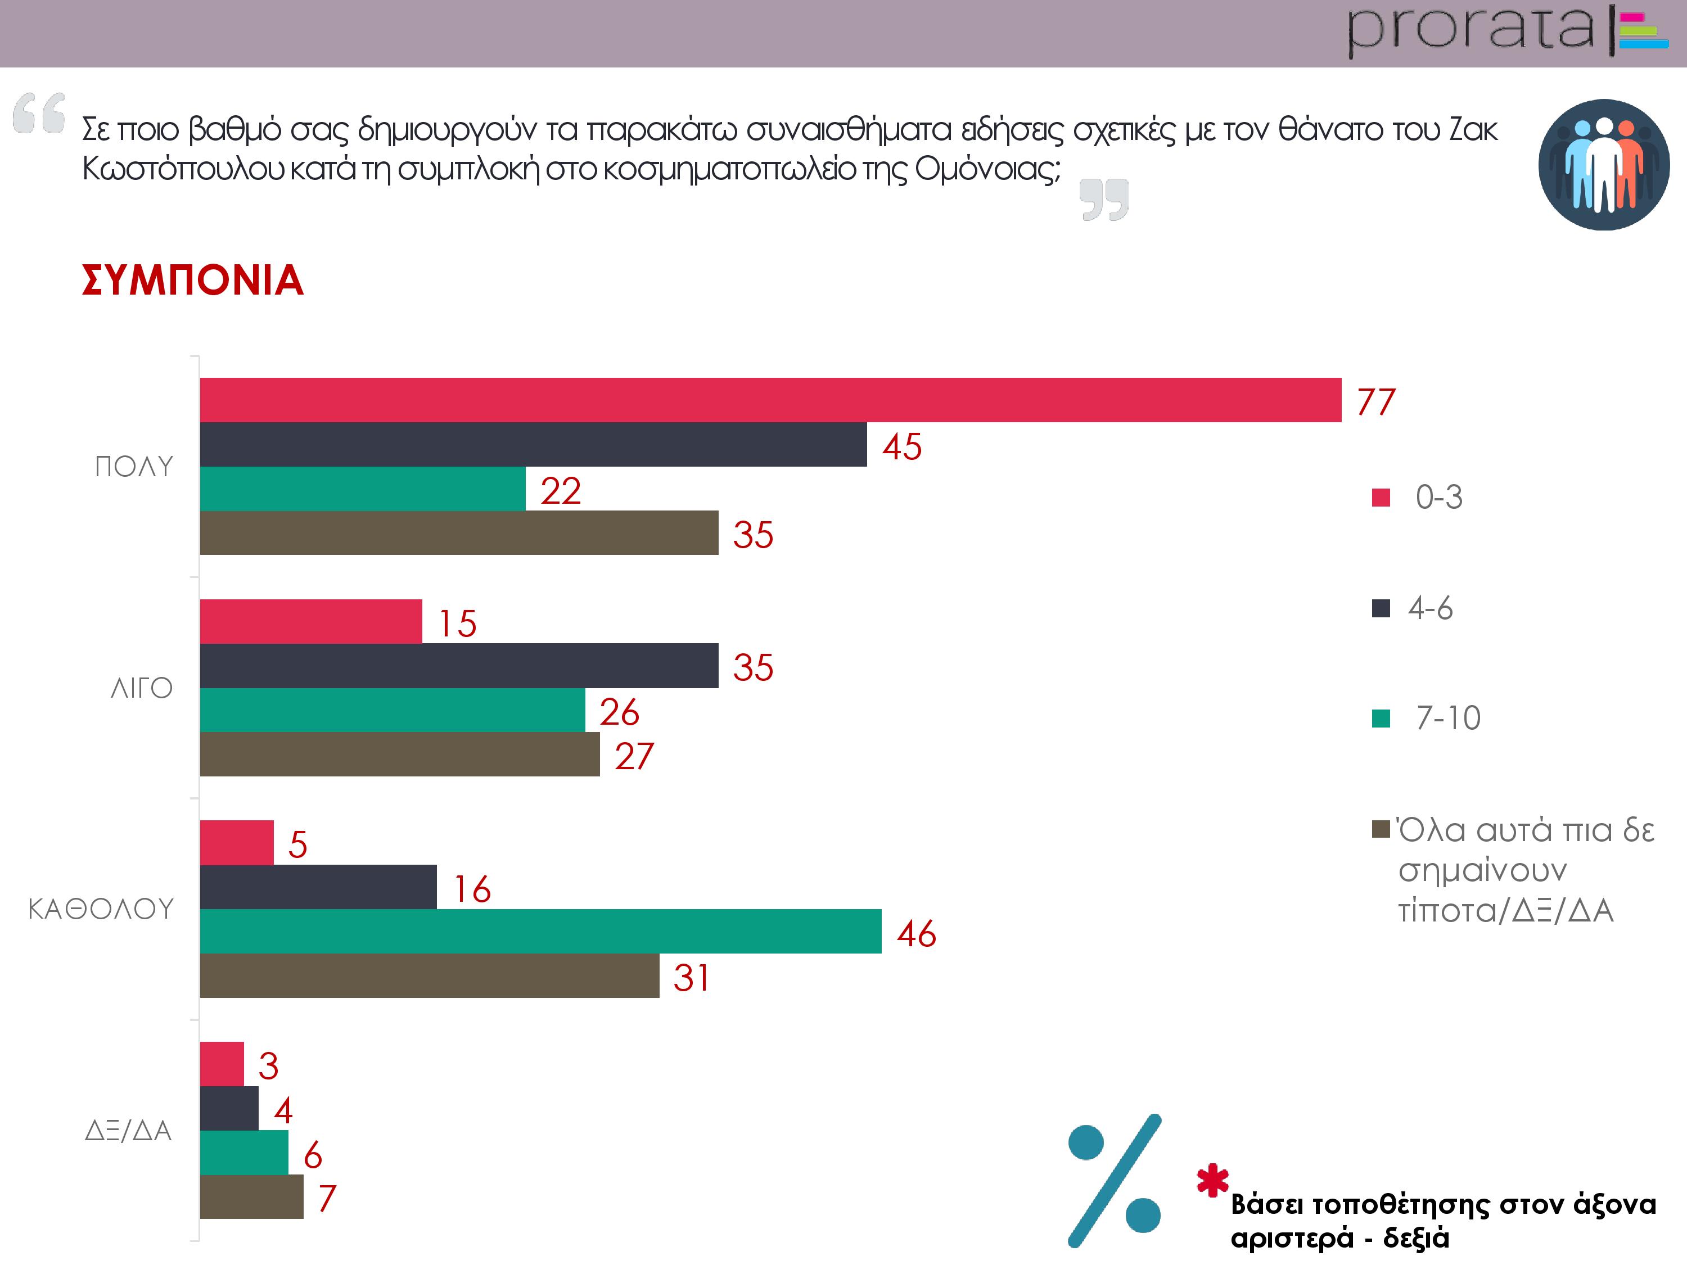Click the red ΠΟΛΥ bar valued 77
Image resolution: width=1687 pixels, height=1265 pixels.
(x=770, y=400)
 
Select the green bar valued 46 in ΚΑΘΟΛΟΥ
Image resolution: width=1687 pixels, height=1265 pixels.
(x=540, y=931)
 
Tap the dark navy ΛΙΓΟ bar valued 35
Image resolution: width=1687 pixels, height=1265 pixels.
(x=458, y=666)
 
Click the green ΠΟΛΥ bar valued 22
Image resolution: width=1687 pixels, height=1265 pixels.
(x=362, y=489)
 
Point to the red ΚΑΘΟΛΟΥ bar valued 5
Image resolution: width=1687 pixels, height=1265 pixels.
(x=236, y=843)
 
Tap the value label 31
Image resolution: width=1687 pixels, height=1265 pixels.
(x=691, y=978)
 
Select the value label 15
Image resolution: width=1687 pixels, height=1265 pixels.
(x=457, y=623)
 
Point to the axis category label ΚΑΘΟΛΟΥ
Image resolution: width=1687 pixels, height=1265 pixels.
(x=101, y=909)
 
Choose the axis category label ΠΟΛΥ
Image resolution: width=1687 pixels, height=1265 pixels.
(x=134, y=467)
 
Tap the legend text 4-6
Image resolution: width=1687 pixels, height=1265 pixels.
(x=1430, y=608)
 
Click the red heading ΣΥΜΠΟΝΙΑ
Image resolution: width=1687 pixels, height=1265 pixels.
(x=193, y=280)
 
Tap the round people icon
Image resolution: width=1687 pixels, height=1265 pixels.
(x=1603, y=164)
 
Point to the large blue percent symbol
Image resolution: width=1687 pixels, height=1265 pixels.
(x=1114, y=1180)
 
